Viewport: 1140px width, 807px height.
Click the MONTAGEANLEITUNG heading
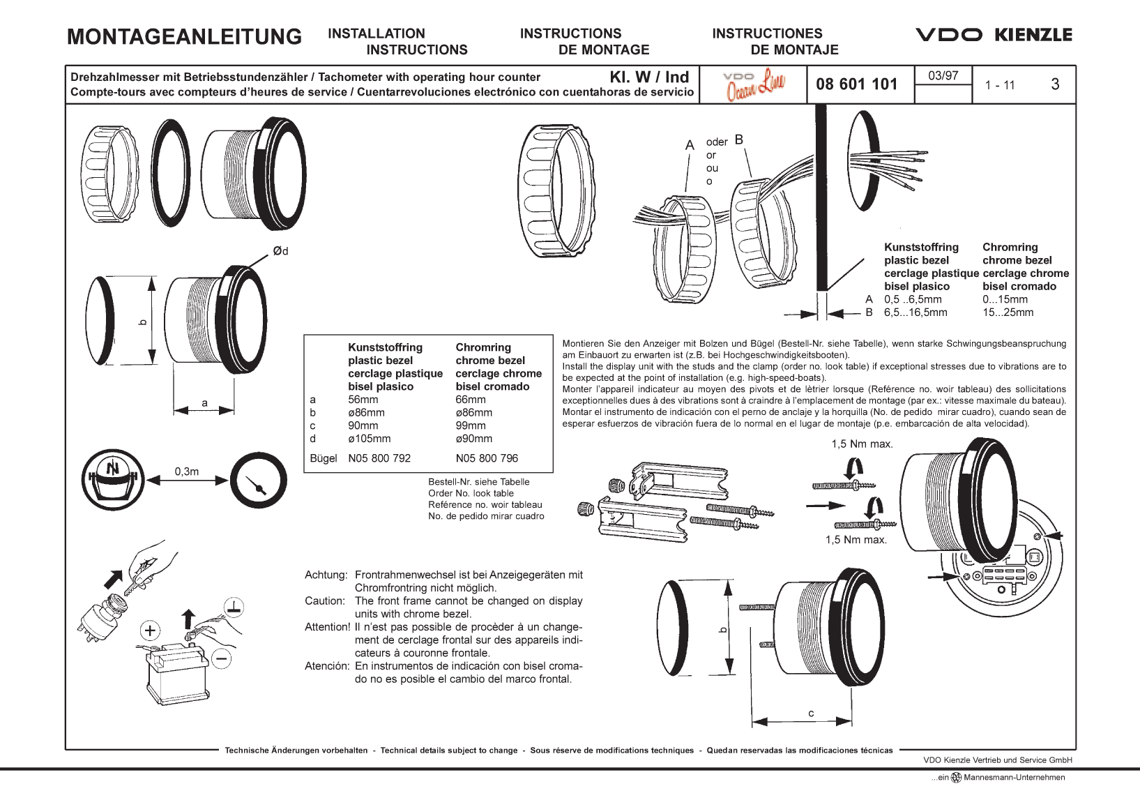click(x=184, y=36)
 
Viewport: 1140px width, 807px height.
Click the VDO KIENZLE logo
click(x=993, y=35)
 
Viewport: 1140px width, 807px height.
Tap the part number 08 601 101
click(x=856, y=84)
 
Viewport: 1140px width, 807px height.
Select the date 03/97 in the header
click(x=943, y=75)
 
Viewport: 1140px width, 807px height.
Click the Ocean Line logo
click(x=754, y=84)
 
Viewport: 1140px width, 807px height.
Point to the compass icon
click(x=112, y=479)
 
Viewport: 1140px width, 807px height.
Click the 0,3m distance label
click(x=186, y=472)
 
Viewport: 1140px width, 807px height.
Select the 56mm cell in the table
click(x=363, y=400)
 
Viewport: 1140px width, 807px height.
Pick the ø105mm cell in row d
click(x=369, y=439)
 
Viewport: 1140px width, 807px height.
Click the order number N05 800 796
click(x=487, y=458)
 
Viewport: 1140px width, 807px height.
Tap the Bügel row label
click(x=323, y=458)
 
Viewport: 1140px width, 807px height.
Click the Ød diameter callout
click(x=280, y=251)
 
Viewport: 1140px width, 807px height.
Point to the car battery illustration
click(x=176, y=672)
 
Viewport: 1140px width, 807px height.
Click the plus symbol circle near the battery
click(x=150, y=631)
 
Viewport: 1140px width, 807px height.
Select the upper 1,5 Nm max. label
click(x=862, y=444)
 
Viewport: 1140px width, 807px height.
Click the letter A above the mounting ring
click(x=690, y=145)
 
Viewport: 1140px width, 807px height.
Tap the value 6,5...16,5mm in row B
click(x=915, y=312)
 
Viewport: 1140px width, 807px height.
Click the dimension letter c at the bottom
click(x=811, y=713)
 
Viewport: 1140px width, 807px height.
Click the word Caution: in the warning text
click(x=324, y=601)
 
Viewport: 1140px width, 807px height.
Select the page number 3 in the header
click(x=1054, y=84)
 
